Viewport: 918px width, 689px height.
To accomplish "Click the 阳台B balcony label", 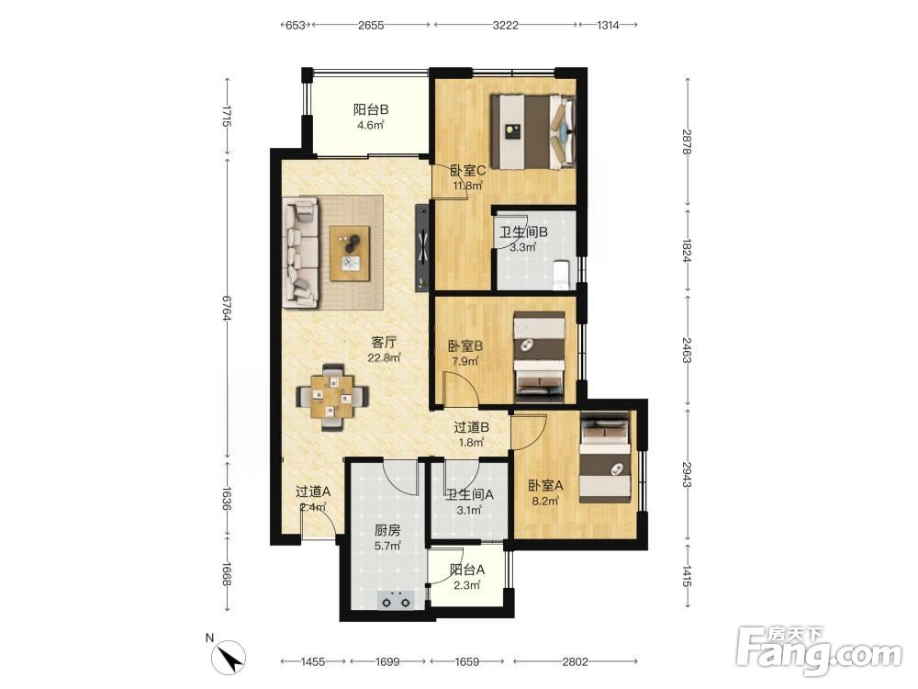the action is [x=371, y=109].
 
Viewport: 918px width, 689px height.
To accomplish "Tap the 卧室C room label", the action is [x=468, y=171].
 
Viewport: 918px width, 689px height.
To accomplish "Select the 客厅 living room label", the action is [x=384, y=342].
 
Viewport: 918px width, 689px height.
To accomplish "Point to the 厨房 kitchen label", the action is [x=387, y=531].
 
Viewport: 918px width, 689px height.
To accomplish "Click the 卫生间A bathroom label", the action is [x=469, y=495].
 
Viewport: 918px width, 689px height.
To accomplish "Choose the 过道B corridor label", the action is [x=471, y=428].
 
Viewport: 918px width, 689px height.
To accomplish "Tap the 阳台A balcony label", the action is [x=467, y=570].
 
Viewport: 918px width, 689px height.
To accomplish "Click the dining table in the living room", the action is [x=332, y=397].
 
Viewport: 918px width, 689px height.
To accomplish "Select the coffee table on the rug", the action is [x=350, y=253].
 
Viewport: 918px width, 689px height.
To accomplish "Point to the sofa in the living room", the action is [x=300, y=252].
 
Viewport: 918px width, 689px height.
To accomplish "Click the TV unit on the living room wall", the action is [x=422, y=247].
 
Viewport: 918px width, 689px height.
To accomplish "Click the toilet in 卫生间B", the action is [x=561, y=276].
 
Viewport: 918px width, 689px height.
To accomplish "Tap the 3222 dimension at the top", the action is [x=505, y=25].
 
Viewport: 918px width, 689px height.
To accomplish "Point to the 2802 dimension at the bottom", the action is [x=575, y=661].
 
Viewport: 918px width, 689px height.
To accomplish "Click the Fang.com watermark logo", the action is [x=819, y=649].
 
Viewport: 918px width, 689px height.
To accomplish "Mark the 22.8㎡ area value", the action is [x=384, y=357].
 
